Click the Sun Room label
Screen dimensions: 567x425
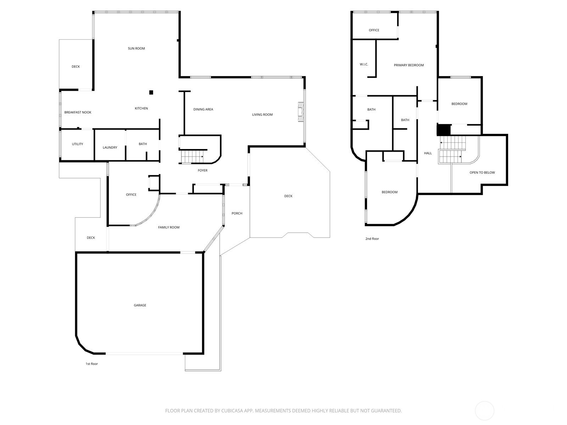(136, 48)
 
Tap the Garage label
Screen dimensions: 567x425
(140, 305)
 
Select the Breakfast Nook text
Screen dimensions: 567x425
(78, 112)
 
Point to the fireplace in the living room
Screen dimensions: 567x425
(301, 112)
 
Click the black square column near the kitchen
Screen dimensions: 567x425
(151, 92)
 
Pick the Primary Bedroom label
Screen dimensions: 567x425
(409, 65)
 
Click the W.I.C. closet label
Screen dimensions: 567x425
(364, 64)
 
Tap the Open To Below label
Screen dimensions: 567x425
(482, 172)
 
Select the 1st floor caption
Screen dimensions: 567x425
(92, 364)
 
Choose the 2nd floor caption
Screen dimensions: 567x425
(372, 239)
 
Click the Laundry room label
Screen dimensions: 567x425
(110, 148)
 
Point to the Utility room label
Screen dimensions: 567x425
(78, 144)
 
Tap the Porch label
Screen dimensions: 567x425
(237, 214)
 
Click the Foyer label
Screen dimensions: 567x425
(202, 171)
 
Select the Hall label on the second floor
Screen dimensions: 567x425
(428, 153)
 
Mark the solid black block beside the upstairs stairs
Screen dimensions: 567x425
(444, 130)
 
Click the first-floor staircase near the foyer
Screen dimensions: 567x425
(192, 157)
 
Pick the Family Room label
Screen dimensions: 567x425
(169, 227)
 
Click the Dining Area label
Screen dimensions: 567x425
(203, 109)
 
